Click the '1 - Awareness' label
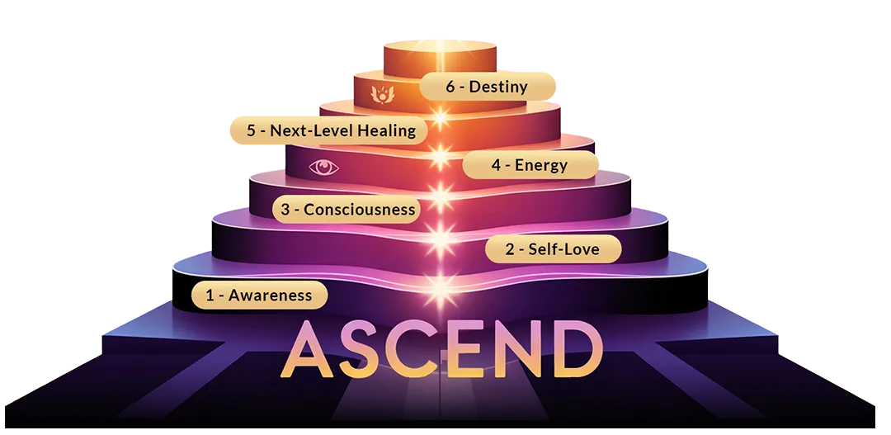point(259,296)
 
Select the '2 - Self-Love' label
point(552,248)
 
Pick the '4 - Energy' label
point(530,165)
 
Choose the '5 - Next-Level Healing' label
point(326,130)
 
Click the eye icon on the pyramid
point(324,168)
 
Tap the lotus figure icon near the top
point(382,92)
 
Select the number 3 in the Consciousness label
point(285,210)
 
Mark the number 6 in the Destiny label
point(450,87)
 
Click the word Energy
point(541,165)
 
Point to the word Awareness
point(271,296)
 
